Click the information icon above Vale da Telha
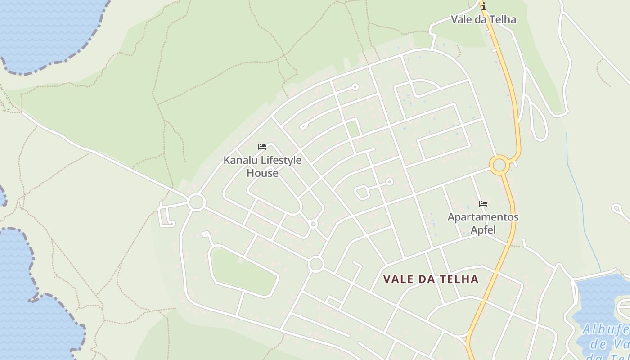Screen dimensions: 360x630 pos(484,6)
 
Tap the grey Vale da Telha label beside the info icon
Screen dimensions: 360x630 pos(483,19)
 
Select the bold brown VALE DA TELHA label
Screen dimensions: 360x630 pos(431,279)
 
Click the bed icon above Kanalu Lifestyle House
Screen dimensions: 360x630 pos(262,147)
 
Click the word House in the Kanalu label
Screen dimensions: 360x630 pos(262,173)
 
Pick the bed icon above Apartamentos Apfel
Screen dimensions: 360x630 pos(483,204)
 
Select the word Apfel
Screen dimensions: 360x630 pos(483,230)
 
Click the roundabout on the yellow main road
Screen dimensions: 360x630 pos(499,165)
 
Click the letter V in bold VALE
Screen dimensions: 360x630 pos(387,279)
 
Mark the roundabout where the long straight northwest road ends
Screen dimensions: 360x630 pos(197,202)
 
